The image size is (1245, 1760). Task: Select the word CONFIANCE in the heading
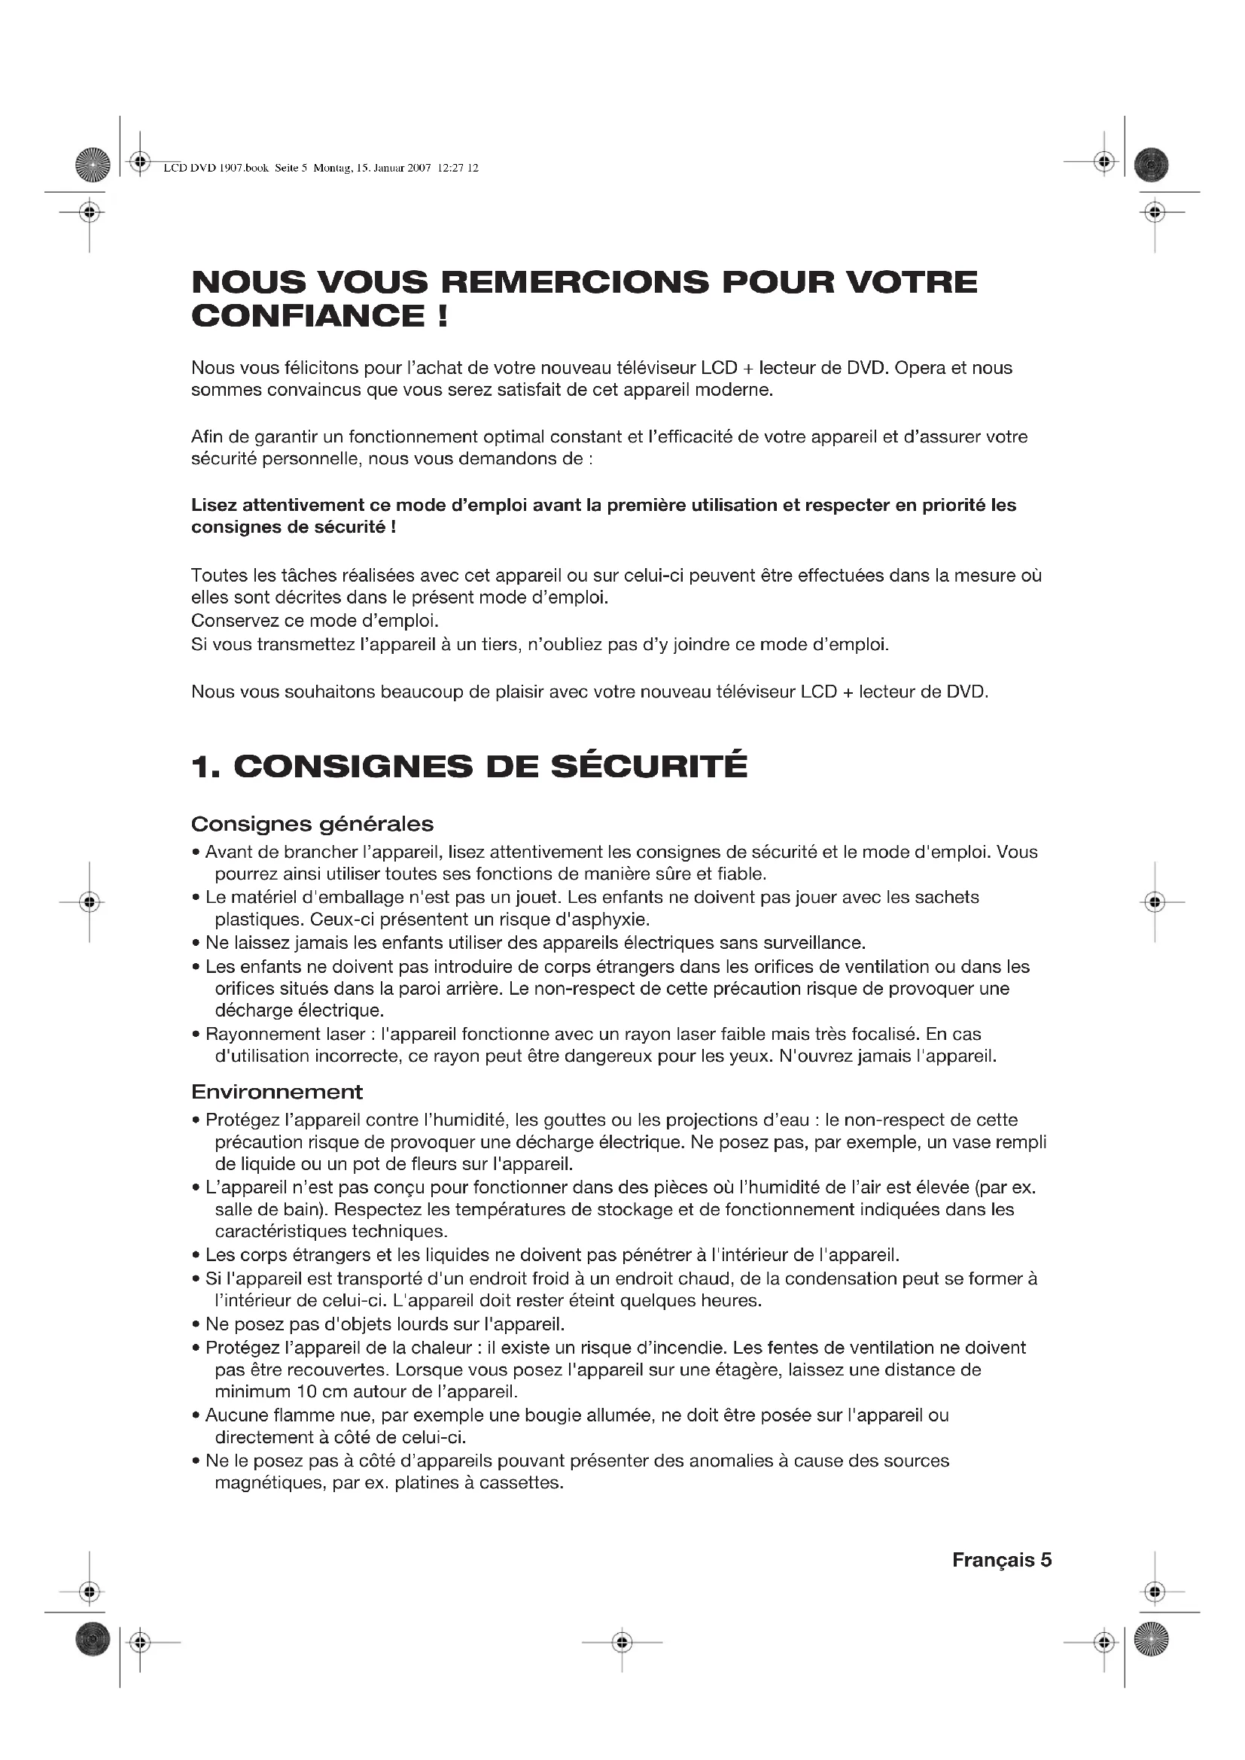tap(307, 316)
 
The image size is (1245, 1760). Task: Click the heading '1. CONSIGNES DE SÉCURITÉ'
tap(468, 767)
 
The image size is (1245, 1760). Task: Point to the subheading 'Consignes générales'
tap(312, 824)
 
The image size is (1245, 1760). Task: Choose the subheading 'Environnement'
tap(277, 1092)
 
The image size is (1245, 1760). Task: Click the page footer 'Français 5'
tap(1001, 1560)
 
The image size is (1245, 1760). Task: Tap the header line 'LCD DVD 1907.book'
tap(216, 168)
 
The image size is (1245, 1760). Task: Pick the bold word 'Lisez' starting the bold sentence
tap(214, 505)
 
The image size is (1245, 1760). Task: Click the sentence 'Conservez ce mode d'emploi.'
tap(315, 620)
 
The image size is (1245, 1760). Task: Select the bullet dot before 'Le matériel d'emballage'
tap(196, 898)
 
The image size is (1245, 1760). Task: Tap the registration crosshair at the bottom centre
tap(622, 1642)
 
